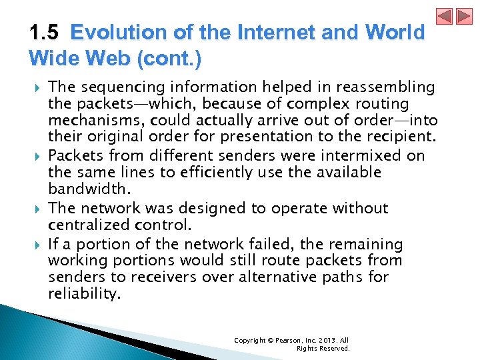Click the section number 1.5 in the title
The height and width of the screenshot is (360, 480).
44,33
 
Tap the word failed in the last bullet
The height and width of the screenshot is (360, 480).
265,245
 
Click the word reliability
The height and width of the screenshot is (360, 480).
85,293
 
